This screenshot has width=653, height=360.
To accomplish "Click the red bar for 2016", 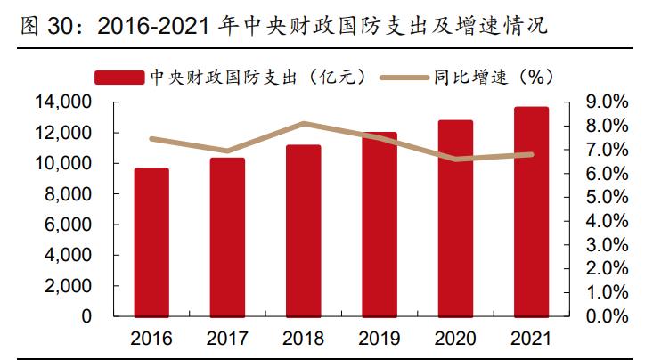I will point(151,241).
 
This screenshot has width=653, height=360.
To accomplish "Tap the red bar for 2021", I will point(531,211).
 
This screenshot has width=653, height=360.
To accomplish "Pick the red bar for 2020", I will point(455,217).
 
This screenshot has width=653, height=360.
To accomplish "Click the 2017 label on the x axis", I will point(227,339).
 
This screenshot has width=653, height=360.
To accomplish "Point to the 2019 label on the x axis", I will point(380,339).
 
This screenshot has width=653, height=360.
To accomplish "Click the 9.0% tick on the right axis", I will point(608,102).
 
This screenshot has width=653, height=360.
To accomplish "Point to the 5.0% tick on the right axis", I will point(608,198).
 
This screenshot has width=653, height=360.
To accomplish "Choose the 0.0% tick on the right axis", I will point(608,316).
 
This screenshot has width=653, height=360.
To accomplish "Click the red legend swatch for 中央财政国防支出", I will point(117,77).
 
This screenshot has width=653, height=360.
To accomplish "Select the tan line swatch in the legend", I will point(406,77).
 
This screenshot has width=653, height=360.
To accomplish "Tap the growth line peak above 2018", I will point(303,124).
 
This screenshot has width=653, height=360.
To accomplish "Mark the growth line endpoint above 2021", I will point(531,154).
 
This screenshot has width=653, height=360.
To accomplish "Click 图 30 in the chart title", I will point(44,26).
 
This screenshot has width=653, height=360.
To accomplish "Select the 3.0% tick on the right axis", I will point(608,245).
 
